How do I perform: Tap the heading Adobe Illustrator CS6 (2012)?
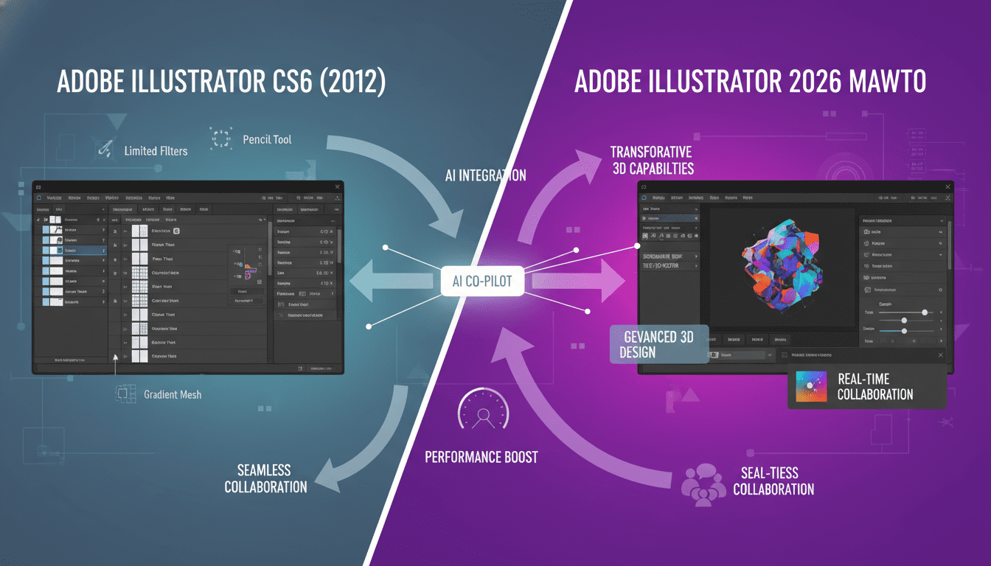point(221,83)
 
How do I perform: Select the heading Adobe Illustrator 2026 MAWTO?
point(750,83)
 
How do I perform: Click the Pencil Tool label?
point(267,139)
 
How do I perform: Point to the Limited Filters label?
point(156,151)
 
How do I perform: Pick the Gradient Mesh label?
point(173,394)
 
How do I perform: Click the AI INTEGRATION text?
point(486,175)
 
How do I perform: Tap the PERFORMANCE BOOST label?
point(481,457)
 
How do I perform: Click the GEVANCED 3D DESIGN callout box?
point(659,344)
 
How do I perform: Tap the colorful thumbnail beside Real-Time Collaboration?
point(811,386)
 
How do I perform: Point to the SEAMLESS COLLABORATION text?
point(265,478)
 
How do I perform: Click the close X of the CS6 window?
point(338,187)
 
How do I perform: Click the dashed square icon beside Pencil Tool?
point(220,138)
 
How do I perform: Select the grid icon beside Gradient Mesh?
point(123,394)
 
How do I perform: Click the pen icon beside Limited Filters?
point(104,150)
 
